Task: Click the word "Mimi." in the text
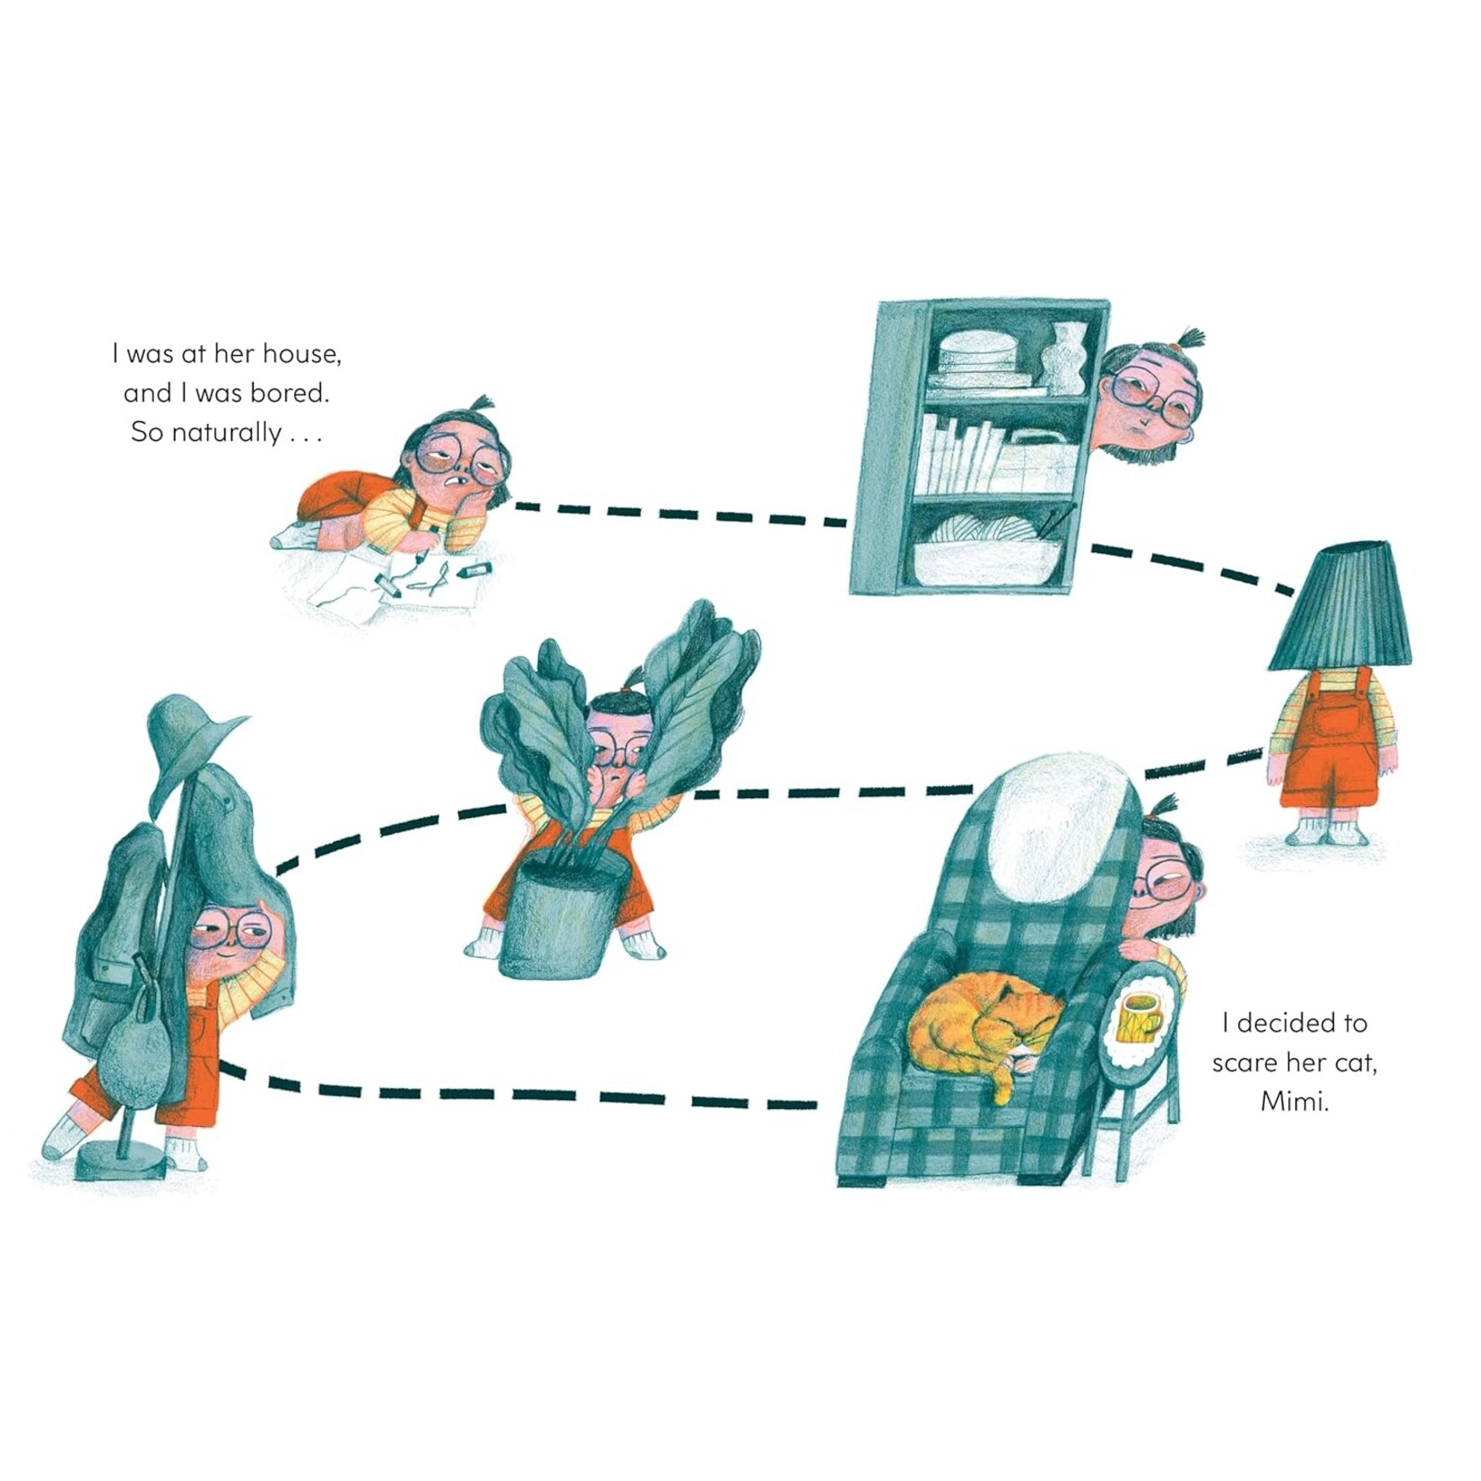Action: coord(1294,1101)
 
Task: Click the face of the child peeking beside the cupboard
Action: coord(1148,404)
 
